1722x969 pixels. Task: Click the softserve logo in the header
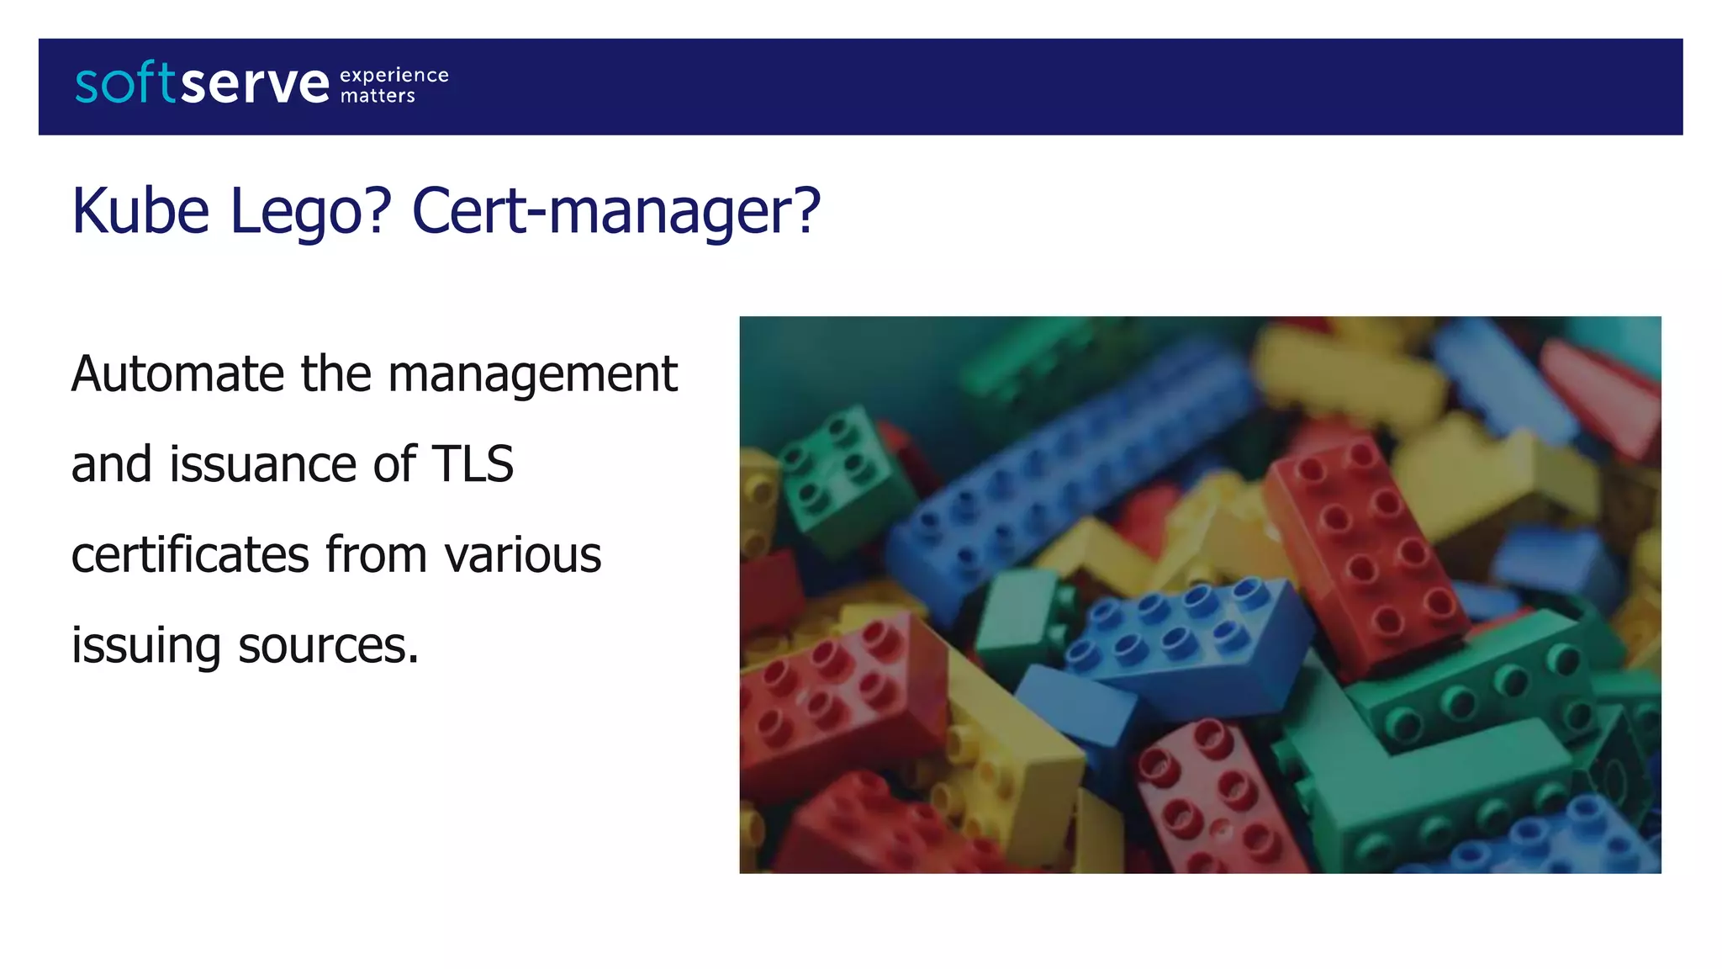tap(202, 83)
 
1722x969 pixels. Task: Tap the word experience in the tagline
tap(394, 76)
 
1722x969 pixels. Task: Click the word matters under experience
tap(378, 96)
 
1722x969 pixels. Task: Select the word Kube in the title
tap(140, 210)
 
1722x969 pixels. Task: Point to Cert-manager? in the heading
tap(615, 210)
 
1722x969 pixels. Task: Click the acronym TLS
tap(472, 464)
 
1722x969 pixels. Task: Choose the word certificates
tap(190, 555)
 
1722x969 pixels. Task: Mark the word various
tap(522, 555)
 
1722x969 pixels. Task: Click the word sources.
tap(328, 646)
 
